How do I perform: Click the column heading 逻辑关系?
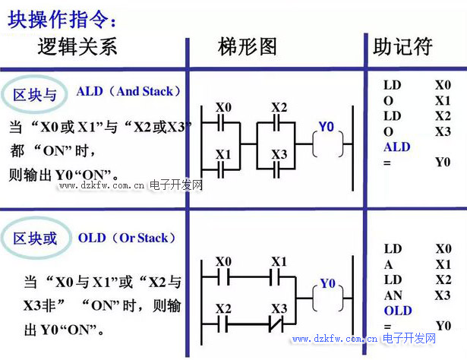[78, 47]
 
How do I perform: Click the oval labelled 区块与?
[35, 95]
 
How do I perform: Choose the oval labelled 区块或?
[35, 239]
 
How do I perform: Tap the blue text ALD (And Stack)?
[129, 91]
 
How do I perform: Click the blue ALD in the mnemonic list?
[396, 147]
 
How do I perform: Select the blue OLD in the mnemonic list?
[397, 311]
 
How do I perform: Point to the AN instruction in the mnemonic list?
[393, 295]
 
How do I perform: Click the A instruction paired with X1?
[388, 264]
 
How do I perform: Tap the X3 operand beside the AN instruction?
[443, 295]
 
